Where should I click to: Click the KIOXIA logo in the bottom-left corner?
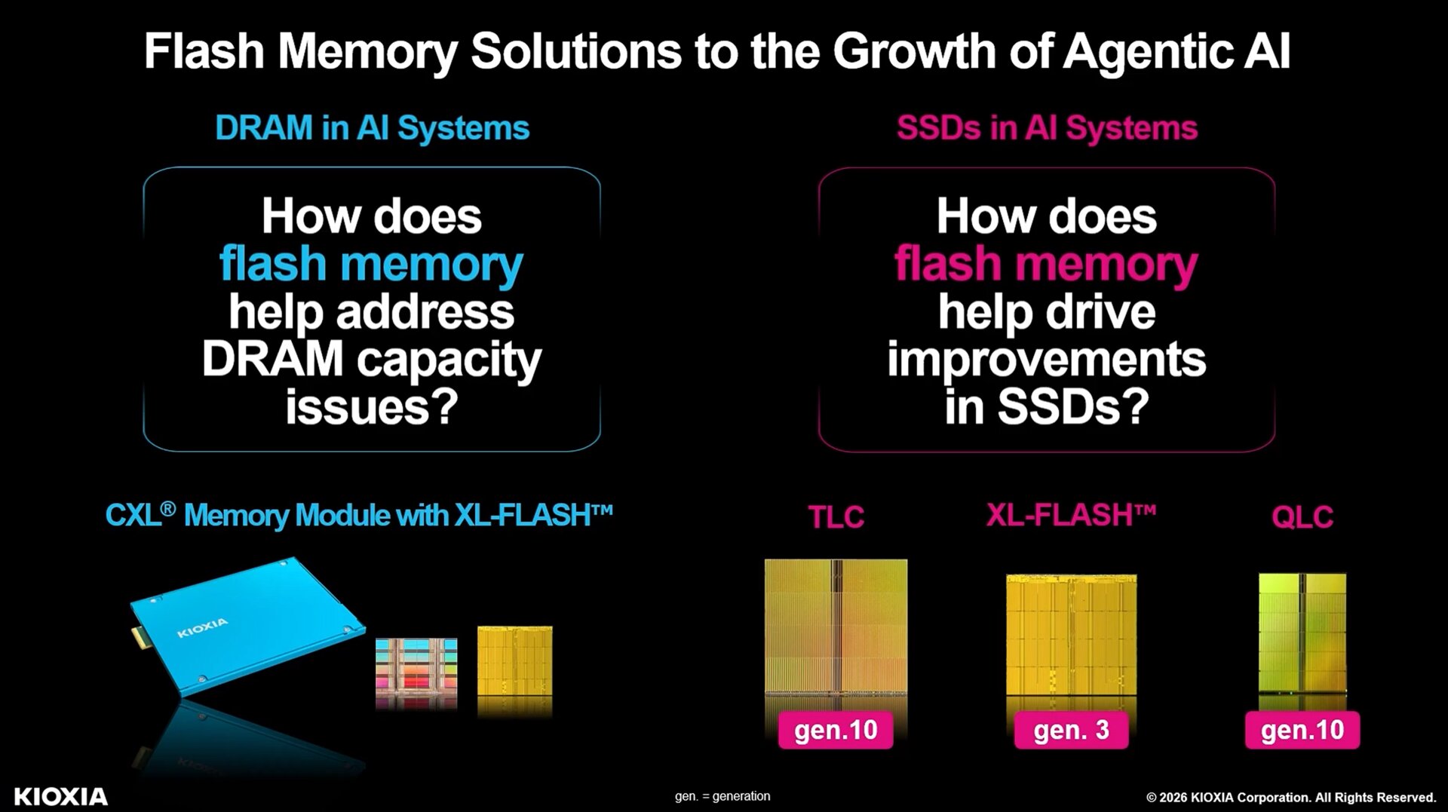coord(61,797)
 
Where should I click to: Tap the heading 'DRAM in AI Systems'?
coord(373,128)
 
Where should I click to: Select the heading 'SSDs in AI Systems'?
coord(1047,128)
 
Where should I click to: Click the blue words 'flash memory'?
coord(371,265)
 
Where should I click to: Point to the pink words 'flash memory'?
coord(1046,265)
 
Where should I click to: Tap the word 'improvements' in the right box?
coord(1047,359)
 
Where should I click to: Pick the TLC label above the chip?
coord(836,517)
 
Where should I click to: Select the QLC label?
coord(1302,517)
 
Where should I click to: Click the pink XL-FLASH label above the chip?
coord(1071,516)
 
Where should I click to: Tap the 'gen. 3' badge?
coord(1071,730)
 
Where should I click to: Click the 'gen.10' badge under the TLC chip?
coord(836,730)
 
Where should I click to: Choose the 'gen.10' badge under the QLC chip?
coord(1302,730)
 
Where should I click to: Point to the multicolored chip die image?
coord(416,673)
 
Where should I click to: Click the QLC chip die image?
coord(1302,633)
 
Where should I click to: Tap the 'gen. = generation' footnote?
coord(722,796)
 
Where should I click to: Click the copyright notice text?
coord(1291,798)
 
